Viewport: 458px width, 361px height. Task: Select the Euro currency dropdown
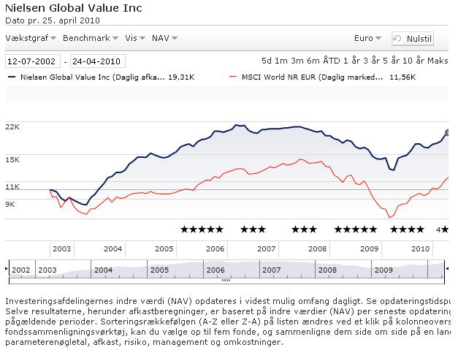[367, 38]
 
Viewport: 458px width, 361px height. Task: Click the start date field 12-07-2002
[33, 61]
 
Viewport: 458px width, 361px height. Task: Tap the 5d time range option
[268, 61]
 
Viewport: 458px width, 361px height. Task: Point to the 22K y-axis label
[12, 126]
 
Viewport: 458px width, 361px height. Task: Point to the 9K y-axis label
[10, 204]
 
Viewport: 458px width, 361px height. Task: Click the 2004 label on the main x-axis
[112, 248]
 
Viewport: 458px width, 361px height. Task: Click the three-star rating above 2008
[304, 229]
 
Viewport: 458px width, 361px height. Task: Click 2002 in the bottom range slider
[21, 270]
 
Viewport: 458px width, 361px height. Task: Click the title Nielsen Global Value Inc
[74, 9]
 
